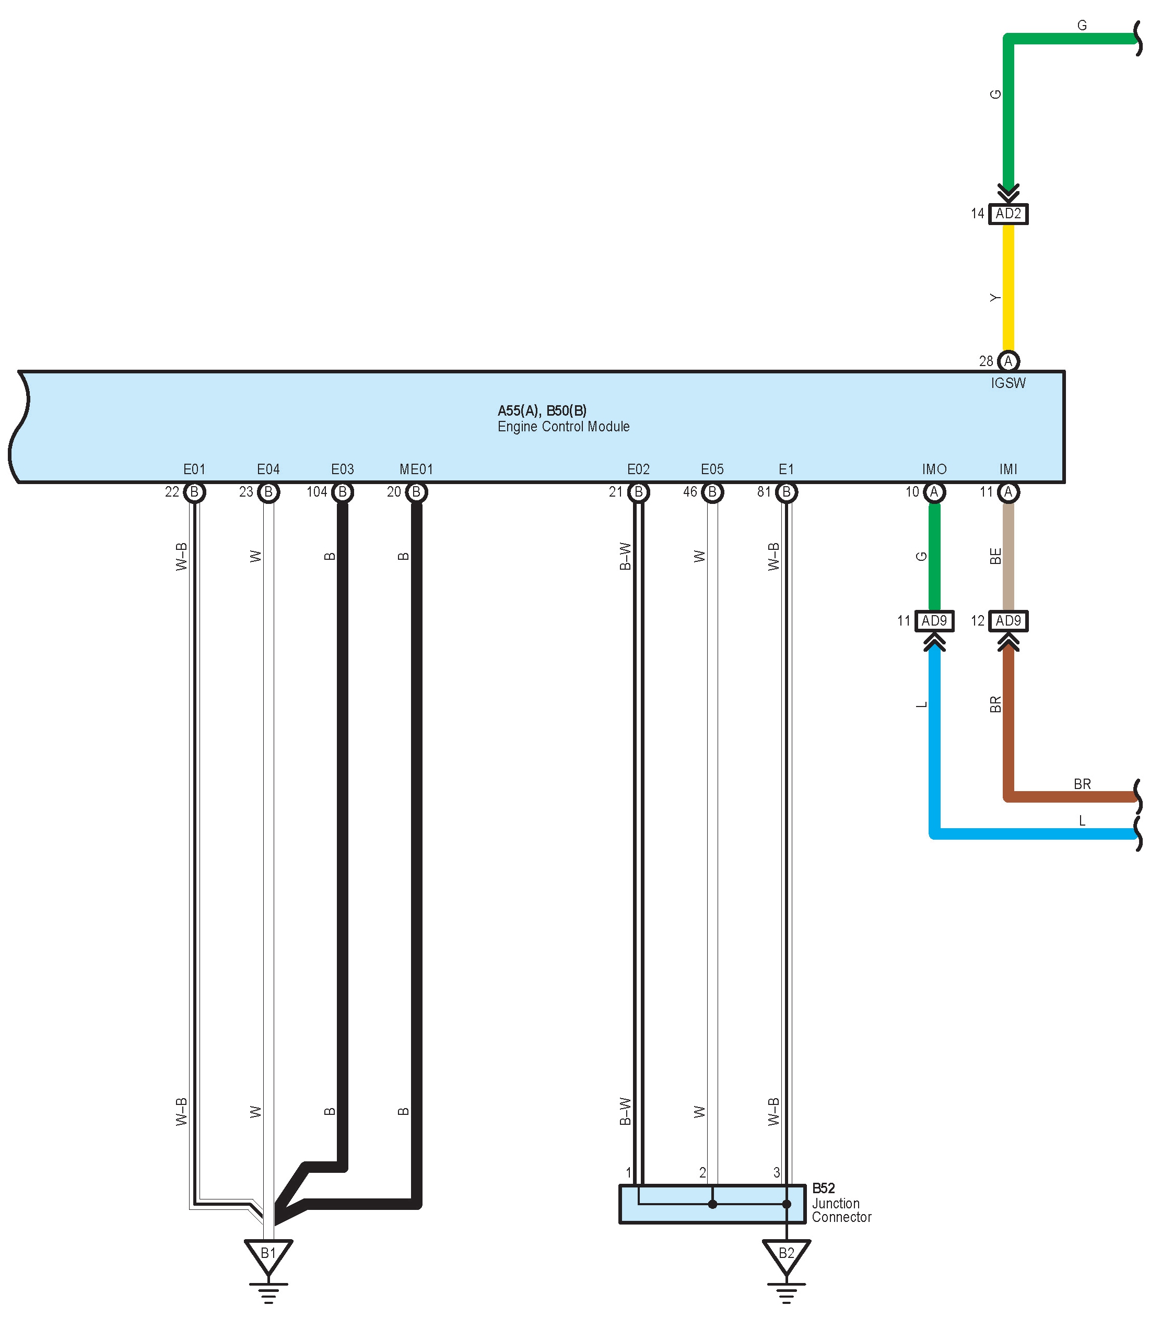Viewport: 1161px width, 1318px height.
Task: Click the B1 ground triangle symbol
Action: tap(268, 1254)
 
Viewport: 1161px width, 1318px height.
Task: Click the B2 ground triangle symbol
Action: tap(786, 1254)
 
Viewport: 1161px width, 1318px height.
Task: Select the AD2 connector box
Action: tap(1008, 214)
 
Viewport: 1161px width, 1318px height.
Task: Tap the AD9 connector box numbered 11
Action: tap(934, 621)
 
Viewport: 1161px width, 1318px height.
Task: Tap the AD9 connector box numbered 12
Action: tap(1008, 621)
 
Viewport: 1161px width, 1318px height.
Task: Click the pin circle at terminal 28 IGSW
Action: tap(1008, 361)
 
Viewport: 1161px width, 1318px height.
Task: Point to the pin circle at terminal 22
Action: tap(194, 492)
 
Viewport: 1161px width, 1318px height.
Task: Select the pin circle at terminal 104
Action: tap(343, 492)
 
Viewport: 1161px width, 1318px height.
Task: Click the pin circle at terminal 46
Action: tap(712, 492)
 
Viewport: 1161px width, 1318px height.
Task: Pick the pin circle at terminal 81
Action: tap(786, 492)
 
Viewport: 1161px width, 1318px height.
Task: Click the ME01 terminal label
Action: tap(416, 469)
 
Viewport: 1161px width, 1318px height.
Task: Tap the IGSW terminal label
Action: tap(1008, 383)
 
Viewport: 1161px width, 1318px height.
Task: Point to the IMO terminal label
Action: tap(934, 469)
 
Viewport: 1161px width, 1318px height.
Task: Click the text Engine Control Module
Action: tap(563, 427)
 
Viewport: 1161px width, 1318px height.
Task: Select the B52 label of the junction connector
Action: tap(824, 1188)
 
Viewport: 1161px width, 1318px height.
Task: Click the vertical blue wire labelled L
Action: tap(934, 728)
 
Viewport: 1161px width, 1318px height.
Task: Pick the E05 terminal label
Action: tap(712, 469)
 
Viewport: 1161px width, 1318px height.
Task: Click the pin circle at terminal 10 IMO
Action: tap(934, 492)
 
